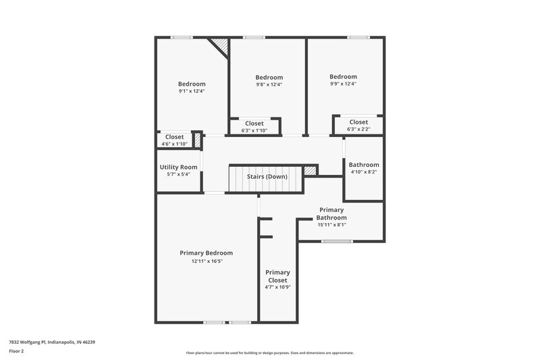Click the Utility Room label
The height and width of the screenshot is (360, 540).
click(x=178, y=167)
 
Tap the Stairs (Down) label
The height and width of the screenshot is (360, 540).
click(x=267, y=176)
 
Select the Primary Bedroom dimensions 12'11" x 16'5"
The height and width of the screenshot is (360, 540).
click(x=206, y=261)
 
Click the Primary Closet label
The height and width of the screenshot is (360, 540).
click(x=277, y=276)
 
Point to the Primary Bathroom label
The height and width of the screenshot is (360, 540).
click(x=332, y=214)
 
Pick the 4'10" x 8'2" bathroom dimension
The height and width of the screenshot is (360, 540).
click(x=363, y=172)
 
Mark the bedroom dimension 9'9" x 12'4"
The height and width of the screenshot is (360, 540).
click(x=343, y=84)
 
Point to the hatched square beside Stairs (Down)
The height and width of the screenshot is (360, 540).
click(x=310, y=171)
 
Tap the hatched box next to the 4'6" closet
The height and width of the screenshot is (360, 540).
click(x=198, y=140)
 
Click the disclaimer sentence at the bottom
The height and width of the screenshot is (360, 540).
click(x=269, y=353)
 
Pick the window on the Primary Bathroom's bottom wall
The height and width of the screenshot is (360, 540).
click(x=332, y=241)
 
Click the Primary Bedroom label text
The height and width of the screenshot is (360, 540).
click(x=206, y=253)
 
